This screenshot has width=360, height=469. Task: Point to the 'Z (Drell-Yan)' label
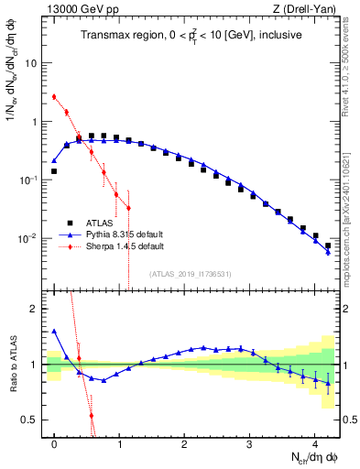(x=309, y=9)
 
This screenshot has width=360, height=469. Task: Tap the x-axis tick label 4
(x=314, y=436)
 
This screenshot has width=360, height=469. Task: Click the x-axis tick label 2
(x=184, y=436)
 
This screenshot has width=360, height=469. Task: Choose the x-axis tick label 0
(x=55, y=436)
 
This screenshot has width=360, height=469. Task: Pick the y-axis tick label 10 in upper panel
(x=32, y=63)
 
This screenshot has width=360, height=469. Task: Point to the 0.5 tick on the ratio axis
(x=30, y=420)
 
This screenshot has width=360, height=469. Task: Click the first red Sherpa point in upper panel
(x=55, y=96)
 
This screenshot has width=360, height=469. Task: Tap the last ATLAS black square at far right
(x=328, y=245)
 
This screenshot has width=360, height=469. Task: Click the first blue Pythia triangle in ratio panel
(x=55, y=331)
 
